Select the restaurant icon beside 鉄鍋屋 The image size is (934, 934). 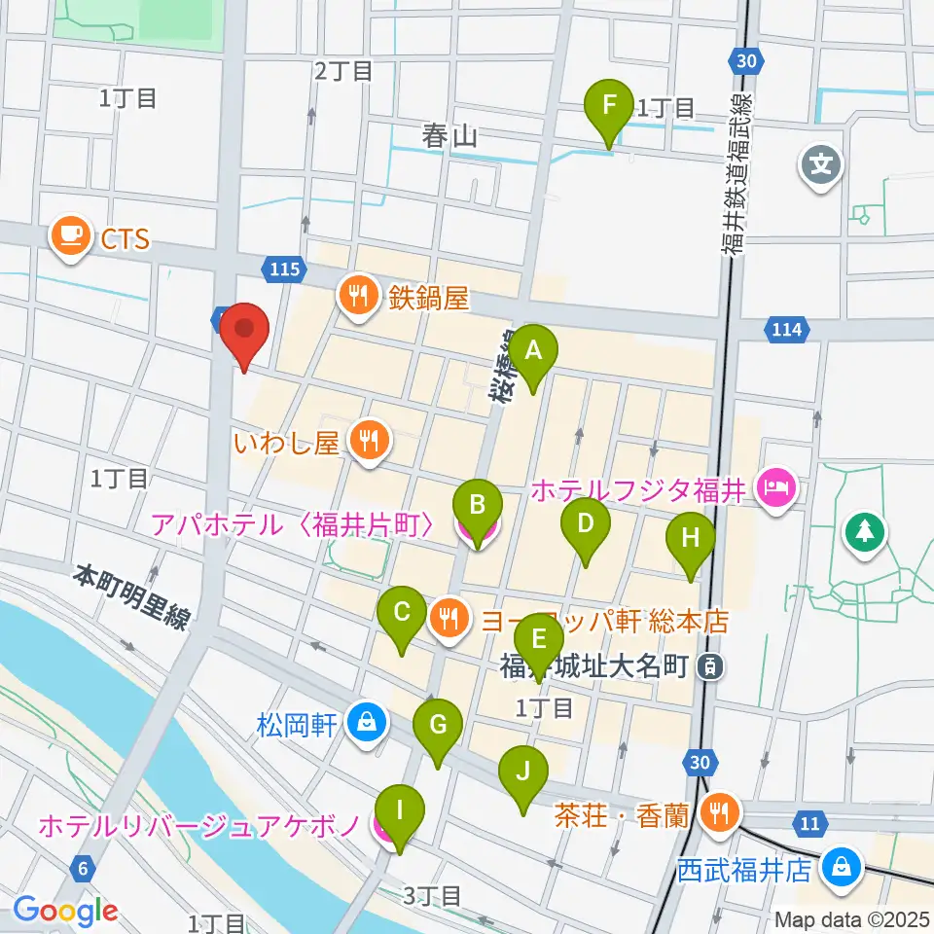(x=357, y=296)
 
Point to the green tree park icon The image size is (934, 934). (x=864, y=530)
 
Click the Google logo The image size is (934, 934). (x=66, y=911)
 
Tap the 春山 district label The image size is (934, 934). (x=449, y=137)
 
